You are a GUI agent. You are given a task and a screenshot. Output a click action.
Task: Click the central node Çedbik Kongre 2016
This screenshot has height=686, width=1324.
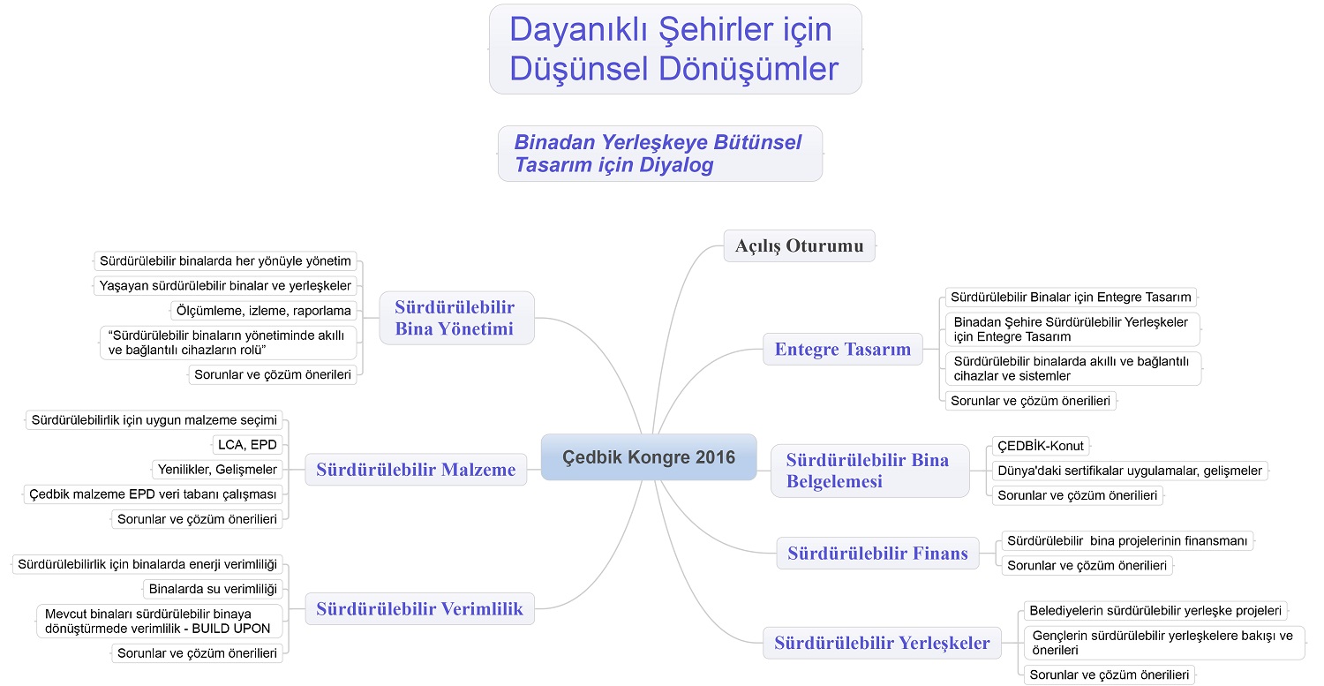(x=649, y=457)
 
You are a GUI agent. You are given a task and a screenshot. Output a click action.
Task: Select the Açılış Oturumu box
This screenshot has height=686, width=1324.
(x=799, y=245)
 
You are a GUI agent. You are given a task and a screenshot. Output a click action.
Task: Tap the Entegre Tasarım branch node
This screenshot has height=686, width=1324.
(x=843, y=349)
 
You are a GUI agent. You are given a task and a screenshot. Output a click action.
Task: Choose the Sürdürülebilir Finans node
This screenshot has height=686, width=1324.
(x=877, y=553)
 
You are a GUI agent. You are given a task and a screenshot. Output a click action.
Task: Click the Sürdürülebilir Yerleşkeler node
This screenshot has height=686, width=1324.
(x=882, y=643)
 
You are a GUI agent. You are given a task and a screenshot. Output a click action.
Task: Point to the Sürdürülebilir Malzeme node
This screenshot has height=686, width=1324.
(x=416, y=470)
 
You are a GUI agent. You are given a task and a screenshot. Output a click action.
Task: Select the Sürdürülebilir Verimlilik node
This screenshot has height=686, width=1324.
(x=419, y=608)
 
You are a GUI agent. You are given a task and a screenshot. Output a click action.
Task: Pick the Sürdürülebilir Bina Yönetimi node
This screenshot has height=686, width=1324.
(x=457, y=318)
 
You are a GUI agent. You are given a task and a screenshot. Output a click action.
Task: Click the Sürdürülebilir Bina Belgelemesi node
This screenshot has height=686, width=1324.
(x=870, y=471)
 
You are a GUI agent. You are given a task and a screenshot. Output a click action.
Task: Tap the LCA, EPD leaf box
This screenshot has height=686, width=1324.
(x=247, y=445)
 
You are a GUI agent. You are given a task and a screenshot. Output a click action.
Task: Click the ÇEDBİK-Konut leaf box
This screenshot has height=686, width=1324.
(x=1041, y=446)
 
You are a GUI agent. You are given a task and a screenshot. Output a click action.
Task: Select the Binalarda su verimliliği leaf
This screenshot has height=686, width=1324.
(x=213, y=589)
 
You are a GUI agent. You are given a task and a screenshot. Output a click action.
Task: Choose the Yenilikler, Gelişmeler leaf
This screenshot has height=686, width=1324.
(x=217, y=470)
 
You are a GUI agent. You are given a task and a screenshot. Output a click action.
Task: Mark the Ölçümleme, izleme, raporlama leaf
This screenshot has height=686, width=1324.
(x=264, y=311)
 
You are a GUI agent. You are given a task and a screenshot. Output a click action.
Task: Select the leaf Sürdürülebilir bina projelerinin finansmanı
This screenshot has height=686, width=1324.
(x=1127, y=540)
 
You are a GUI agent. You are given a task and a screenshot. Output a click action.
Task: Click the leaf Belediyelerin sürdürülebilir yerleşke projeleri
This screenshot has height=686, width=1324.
(x=1155, y=610)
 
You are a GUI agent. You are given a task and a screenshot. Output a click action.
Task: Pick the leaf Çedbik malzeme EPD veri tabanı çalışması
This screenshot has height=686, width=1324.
(x=153, y=494)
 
